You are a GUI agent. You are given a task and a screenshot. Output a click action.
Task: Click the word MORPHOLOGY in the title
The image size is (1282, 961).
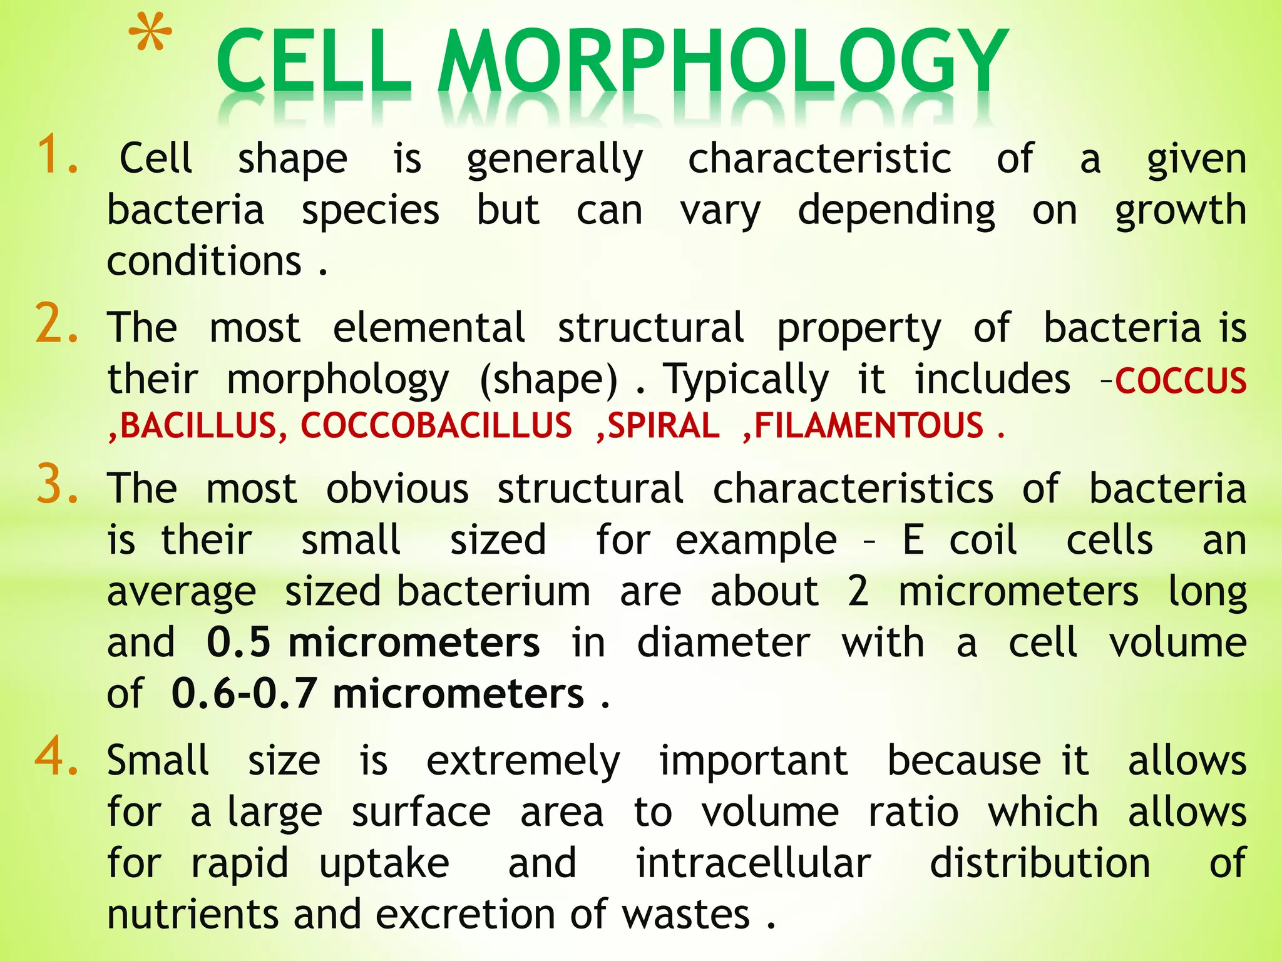pyautogui.click(x=722, y=63)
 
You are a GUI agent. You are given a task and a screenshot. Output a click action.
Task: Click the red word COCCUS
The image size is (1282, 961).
pyautogui.click(x=1181, y=380)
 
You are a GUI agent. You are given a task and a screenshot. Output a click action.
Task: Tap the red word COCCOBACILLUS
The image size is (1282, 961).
pyautogui.click(x=436, y=425)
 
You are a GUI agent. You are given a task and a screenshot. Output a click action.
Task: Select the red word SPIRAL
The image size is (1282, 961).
pyautogui.click(x=664, y=425)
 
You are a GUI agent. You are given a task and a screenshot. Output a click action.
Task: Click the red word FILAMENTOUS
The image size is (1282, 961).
pyautogui.click(x=869, y=425)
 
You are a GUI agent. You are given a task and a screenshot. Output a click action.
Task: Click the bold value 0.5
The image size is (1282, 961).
pyautogui.click(x=238, y=643)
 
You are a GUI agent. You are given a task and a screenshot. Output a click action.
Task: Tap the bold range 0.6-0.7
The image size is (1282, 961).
pyautogui.click(x=244, y=694)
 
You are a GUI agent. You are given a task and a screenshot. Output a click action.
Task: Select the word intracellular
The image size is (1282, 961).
pyautogui.click(x=753, y=863)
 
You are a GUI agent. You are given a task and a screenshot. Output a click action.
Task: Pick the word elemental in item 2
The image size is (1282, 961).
pyautogui.click(x=429, y=328)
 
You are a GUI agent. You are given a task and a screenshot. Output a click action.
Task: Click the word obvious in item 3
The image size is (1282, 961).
pyautogui.click(x=397, y=489)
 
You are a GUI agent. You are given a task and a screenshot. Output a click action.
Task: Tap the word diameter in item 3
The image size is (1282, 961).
pyautogui.click(x=724, y=643)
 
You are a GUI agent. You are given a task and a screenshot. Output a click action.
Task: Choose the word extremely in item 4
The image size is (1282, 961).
pyautogui.click(x=523, y=762)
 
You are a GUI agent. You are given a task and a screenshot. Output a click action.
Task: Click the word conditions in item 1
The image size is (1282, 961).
pyautogui.click(x=204, y=261)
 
